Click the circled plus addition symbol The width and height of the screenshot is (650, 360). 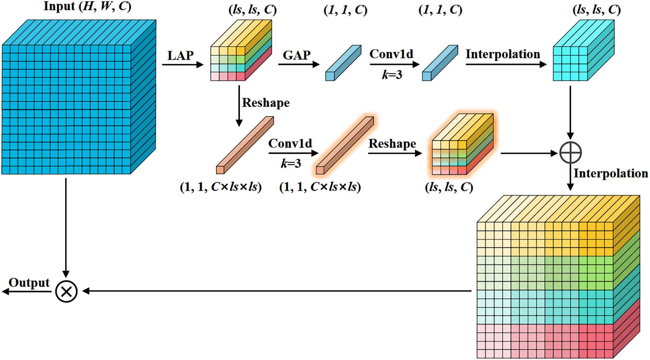pyautogui.click(x=570, y=153)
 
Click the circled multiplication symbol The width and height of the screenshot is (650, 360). pyautogui.click(x=66, y=291)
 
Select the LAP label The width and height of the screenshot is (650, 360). pyautogui.click(x=180, y=56)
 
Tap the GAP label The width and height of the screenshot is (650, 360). pyautogui.click(x=296, y=55)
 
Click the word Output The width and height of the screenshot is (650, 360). pyautogui.click(x=29, y=283)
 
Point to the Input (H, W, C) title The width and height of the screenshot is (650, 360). pyautogui.click(x=87, y=7)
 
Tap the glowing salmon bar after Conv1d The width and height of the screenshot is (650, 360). pyautogui.click(x=345, y=145)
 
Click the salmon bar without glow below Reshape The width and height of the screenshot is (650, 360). pyautogui.click(x=245, y=145)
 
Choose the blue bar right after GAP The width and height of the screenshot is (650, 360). pyautogui.click(x=343, y=63)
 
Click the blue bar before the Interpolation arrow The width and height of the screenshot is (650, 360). pyautogui.click(x=440, y=63)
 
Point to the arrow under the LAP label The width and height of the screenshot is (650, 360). pyautogui.click(x=182, y=65)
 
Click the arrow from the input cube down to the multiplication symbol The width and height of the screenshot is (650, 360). pyautogui.click(x=66, y=228)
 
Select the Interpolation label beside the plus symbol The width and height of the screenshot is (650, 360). pyautogui.click(x=610, y=174)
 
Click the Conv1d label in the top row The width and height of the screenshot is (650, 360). pyautogui.click(x=391, y=54)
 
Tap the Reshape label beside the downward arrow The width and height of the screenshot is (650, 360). pyautogui.click(x=266, y=103)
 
